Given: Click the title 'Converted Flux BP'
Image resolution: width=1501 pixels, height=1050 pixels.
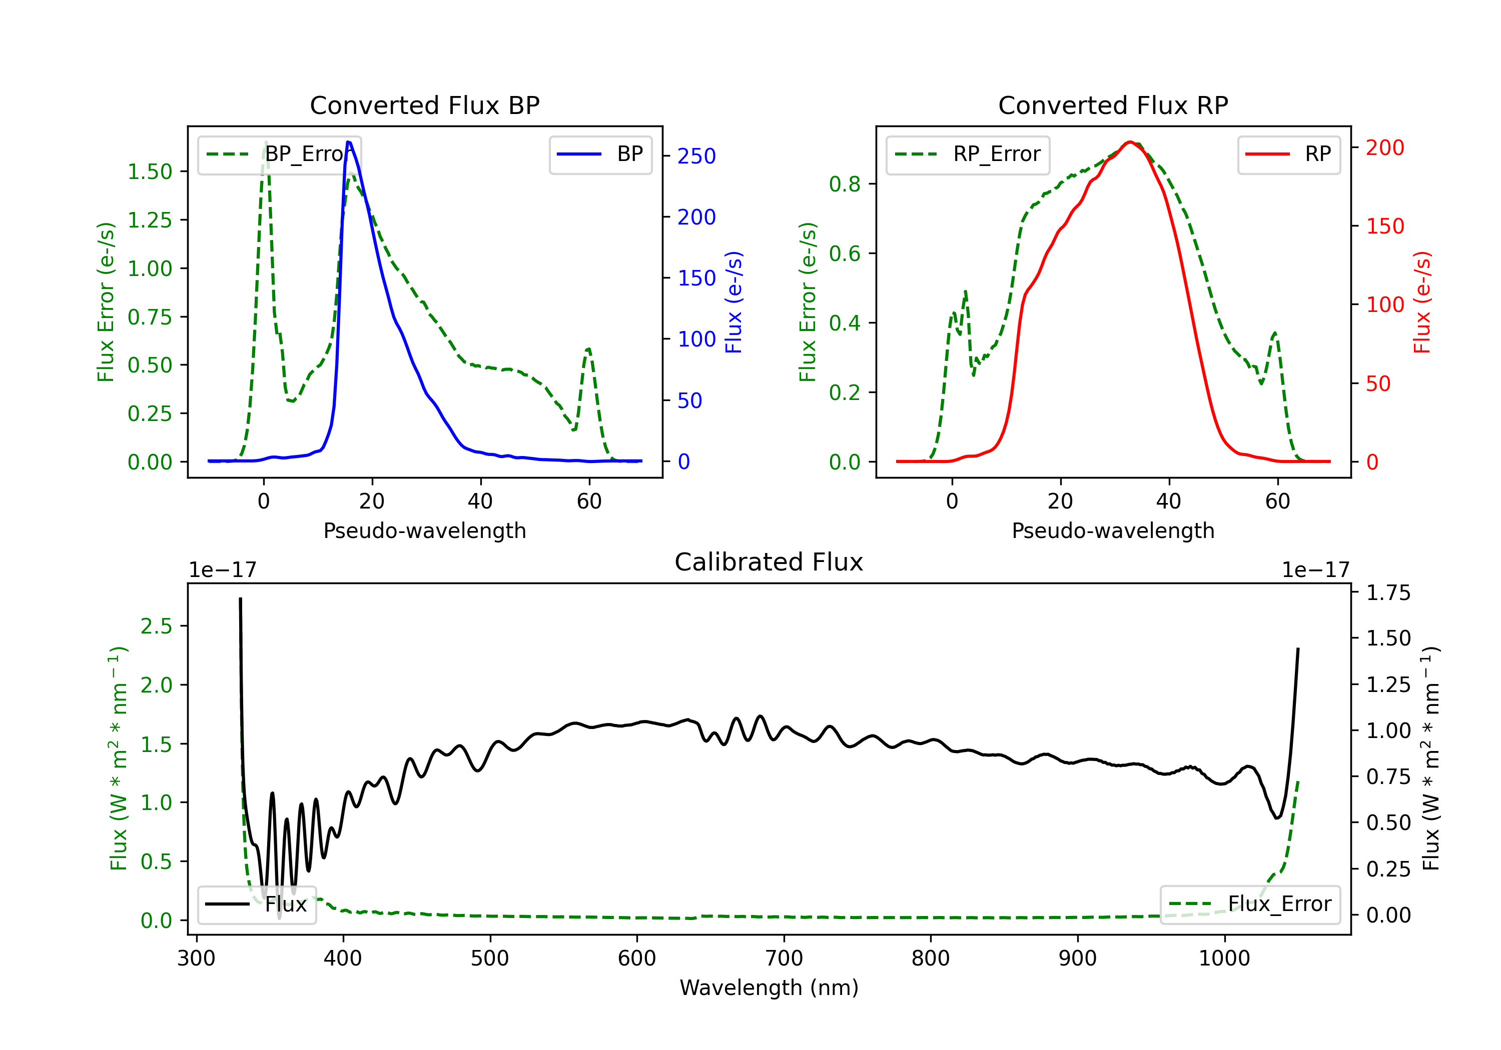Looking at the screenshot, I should pyautogui.click(x=424, y=105).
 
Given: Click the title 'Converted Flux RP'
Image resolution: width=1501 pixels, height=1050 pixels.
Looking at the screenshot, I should pyautogui.click(x=1113, y=105).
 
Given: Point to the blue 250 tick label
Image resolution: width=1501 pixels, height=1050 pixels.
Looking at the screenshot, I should pyautogui.click(x=696, y=156).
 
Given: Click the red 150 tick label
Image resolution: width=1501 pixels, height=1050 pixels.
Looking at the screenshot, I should pyautogui.click(x=1384, y=226).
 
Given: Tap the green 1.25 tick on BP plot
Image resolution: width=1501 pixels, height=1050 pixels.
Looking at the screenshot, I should pyautogui.click(x=150, y=220).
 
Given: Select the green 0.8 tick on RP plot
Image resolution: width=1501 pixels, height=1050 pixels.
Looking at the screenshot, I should pyautogui.click(x=845, y=184).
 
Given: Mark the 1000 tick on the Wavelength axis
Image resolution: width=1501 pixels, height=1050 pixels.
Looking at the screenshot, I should pyautogui.click(x=1224, y=958).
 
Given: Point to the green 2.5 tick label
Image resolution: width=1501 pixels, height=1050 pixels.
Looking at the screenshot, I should pyautogui.click(x=156, y=626).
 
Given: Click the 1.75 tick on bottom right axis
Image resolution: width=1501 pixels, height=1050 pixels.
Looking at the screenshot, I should pyautogui.click(x=1388, y=592).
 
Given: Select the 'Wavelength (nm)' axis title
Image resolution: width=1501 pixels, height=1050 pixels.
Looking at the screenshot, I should pyautogui.click(x=769, y=987).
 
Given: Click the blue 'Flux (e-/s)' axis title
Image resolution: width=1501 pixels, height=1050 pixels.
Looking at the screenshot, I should pyautogui.click(x=733, y=302).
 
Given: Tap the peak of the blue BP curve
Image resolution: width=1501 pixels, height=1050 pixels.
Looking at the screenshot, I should pyautogui.click(x=348, y=142).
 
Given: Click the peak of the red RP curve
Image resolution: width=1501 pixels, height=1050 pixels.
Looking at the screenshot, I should pyautogui.click(x=1130, y=142).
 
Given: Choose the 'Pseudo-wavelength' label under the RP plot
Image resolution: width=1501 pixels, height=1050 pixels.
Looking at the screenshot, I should pyautogui.click(x=1113, y=530).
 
